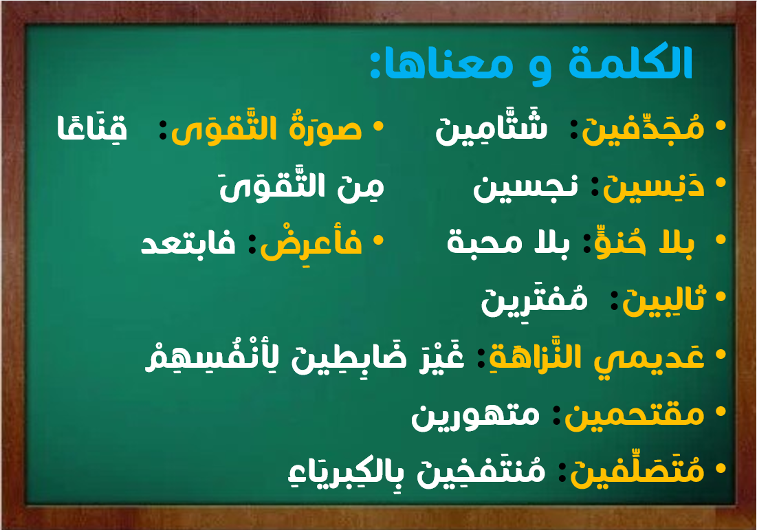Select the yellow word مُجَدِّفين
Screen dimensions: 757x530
pyautogui.click(x=643, y=127)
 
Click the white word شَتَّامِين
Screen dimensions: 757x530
pyautogui.click(x=492, y=127)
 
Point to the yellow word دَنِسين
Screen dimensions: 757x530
pyautogui.click(x=654, y=186)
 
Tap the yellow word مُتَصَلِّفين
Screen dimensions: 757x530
pyautogui.click(x=637, y=470)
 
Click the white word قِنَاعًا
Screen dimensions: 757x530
pyautogui.click(x=92, y=126)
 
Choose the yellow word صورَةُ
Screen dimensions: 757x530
pyautogui.click(x=325, y=127)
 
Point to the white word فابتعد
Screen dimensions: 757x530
pyautogui.click(x=188, y=242)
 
